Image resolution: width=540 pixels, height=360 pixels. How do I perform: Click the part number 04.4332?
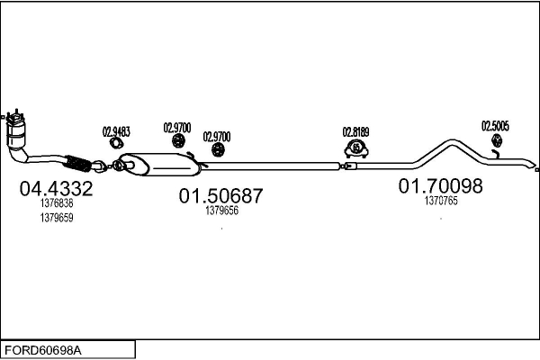point(56,189)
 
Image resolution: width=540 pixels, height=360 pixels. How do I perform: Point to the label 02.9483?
point(116,131)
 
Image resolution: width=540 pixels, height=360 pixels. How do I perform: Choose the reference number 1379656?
point(221,211)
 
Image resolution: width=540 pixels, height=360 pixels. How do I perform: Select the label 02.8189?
point(355,131)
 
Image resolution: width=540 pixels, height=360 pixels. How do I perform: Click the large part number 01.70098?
point(441,186)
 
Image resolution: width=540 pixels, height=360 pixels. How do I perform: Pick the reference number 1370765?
point(441,202)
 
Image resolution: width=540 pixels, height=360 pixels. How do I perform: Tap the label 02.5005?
point(495,126)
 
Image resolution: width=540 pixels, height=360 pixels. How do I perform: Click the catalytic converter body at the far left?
point(17,136)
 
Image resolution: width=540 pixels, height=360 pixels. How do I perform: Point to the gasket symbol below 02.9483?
point(116,143)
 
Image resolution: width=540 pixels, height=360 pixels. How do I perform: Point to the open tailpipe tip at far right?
point(535,169)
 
